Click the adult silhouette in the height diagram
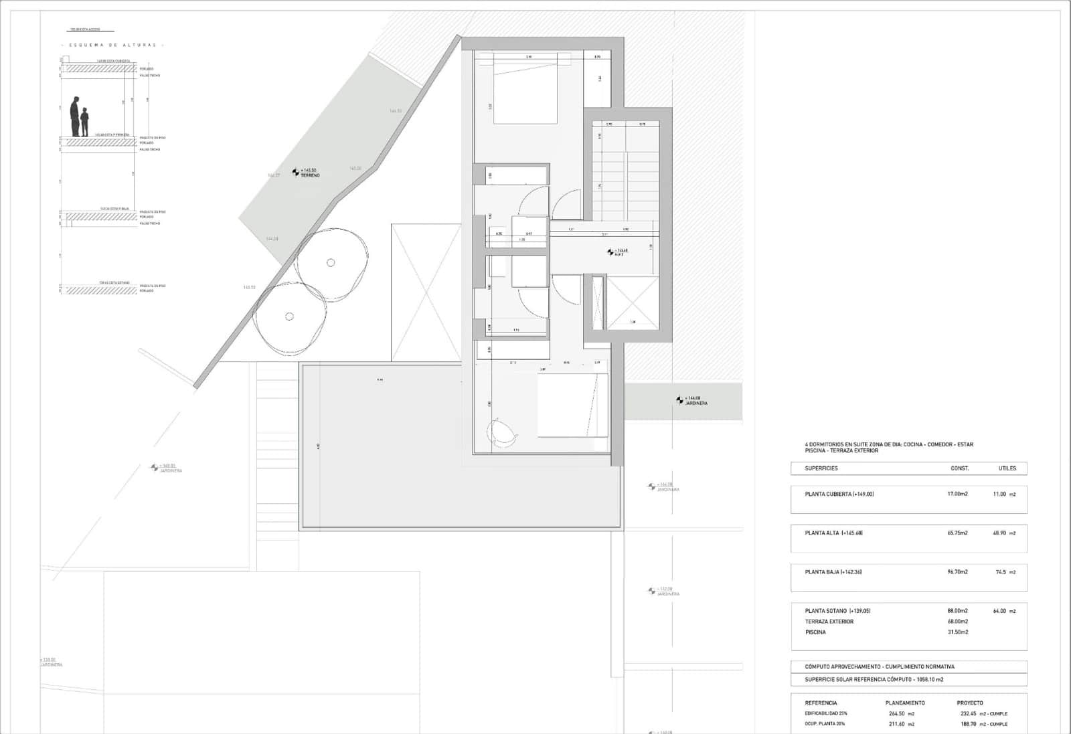(76, 116)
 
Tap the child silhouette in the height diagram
(84, 123)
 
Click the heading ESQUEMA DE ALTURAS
(112, 45)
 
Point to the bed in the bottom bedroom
(572, 405)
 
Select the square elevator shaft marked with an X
(632, 302)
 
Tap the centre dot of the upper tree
(331, 263)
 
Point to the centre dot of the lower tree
(289, 316)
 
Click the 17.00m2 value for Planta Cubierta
(957, 494)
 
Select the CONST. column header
(960, 468)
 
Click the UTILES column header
(1007, 468)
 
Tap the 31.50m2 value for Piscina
(957, 632)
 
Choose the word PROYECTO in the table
(970, 703)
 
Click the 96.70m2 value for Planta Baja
(957, 572)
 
